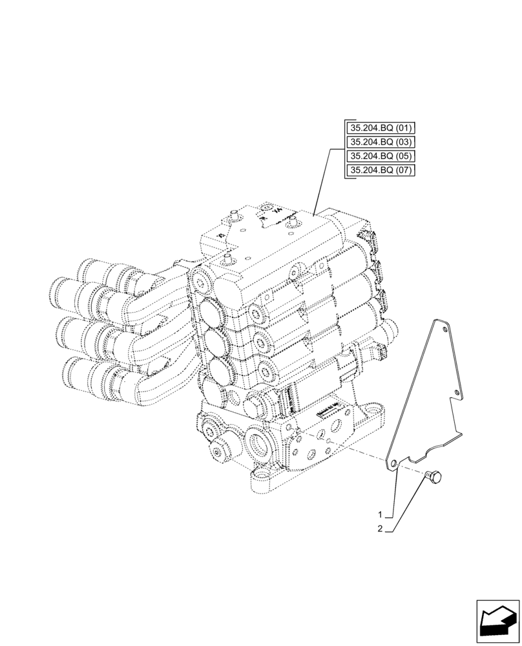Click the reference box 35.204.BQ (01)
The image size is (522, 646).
[380, 128]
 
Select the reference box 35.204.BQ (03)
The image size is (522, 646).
[380, 142]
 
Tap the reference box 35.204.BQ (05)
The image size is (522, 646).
[380, 156]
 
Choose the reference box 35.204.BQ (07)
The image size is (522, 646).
[380, 171]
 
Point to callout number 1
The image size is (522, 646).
[382, 516]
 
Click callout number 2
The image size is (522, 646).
[382, 529]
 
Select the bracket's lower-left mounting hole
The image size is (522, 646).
[393, 463]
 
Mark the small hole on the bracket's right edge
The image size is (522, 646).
[457, 392]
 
